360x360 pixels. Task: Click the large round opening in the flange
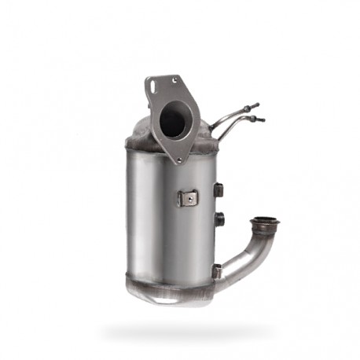pos(173,119)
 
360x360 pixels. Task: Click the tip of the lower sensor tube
pos(261,120)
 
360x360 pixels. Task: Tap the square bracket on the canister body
pos(187,197)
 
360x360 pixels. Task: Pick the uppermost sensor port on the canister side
pos(219,189)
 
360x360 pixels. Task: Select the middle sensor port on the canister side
pos(219,219)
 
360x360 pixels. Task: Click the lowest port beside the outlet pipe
pos(217,270)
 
